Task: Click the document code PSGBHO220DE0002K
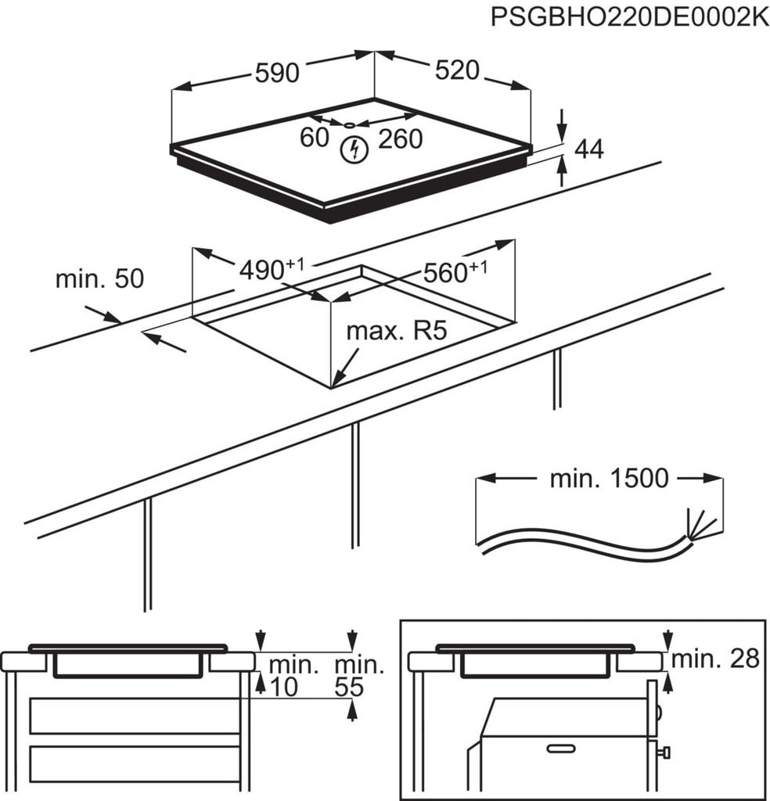coord(629,18)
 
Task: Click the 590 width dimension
coord(277,73)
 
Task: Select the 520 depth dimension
coord(456,70)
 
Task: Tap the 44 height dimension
coord(588,149)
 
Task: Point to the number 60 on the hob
coord(315,138)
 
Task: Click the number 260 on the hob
coord(400,139)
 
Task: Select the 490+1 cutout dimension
coord(271,269)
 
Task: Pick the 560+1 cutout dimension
coord(455,272)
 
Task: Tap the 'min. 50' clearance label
coord(99,278)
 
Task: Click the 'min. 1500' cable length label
coord(609,478)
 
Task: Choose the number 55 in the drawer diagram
coord(351,688)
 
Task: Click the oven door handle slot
coord(561,749)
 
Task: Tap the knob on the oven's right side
coord(665,753)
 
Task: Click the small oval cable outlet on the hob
coord(348,124)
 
